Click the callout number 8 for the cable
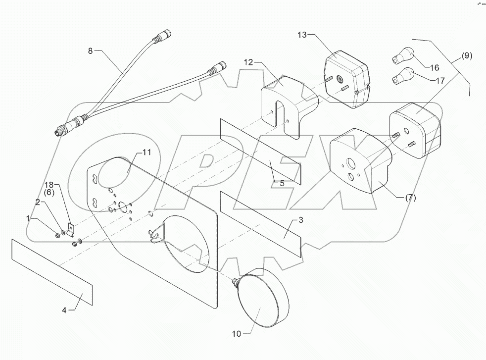[90, 51]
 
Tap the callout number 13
[302, 35]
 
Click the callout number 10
[236, 334]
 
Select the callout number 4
[64, 310]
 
